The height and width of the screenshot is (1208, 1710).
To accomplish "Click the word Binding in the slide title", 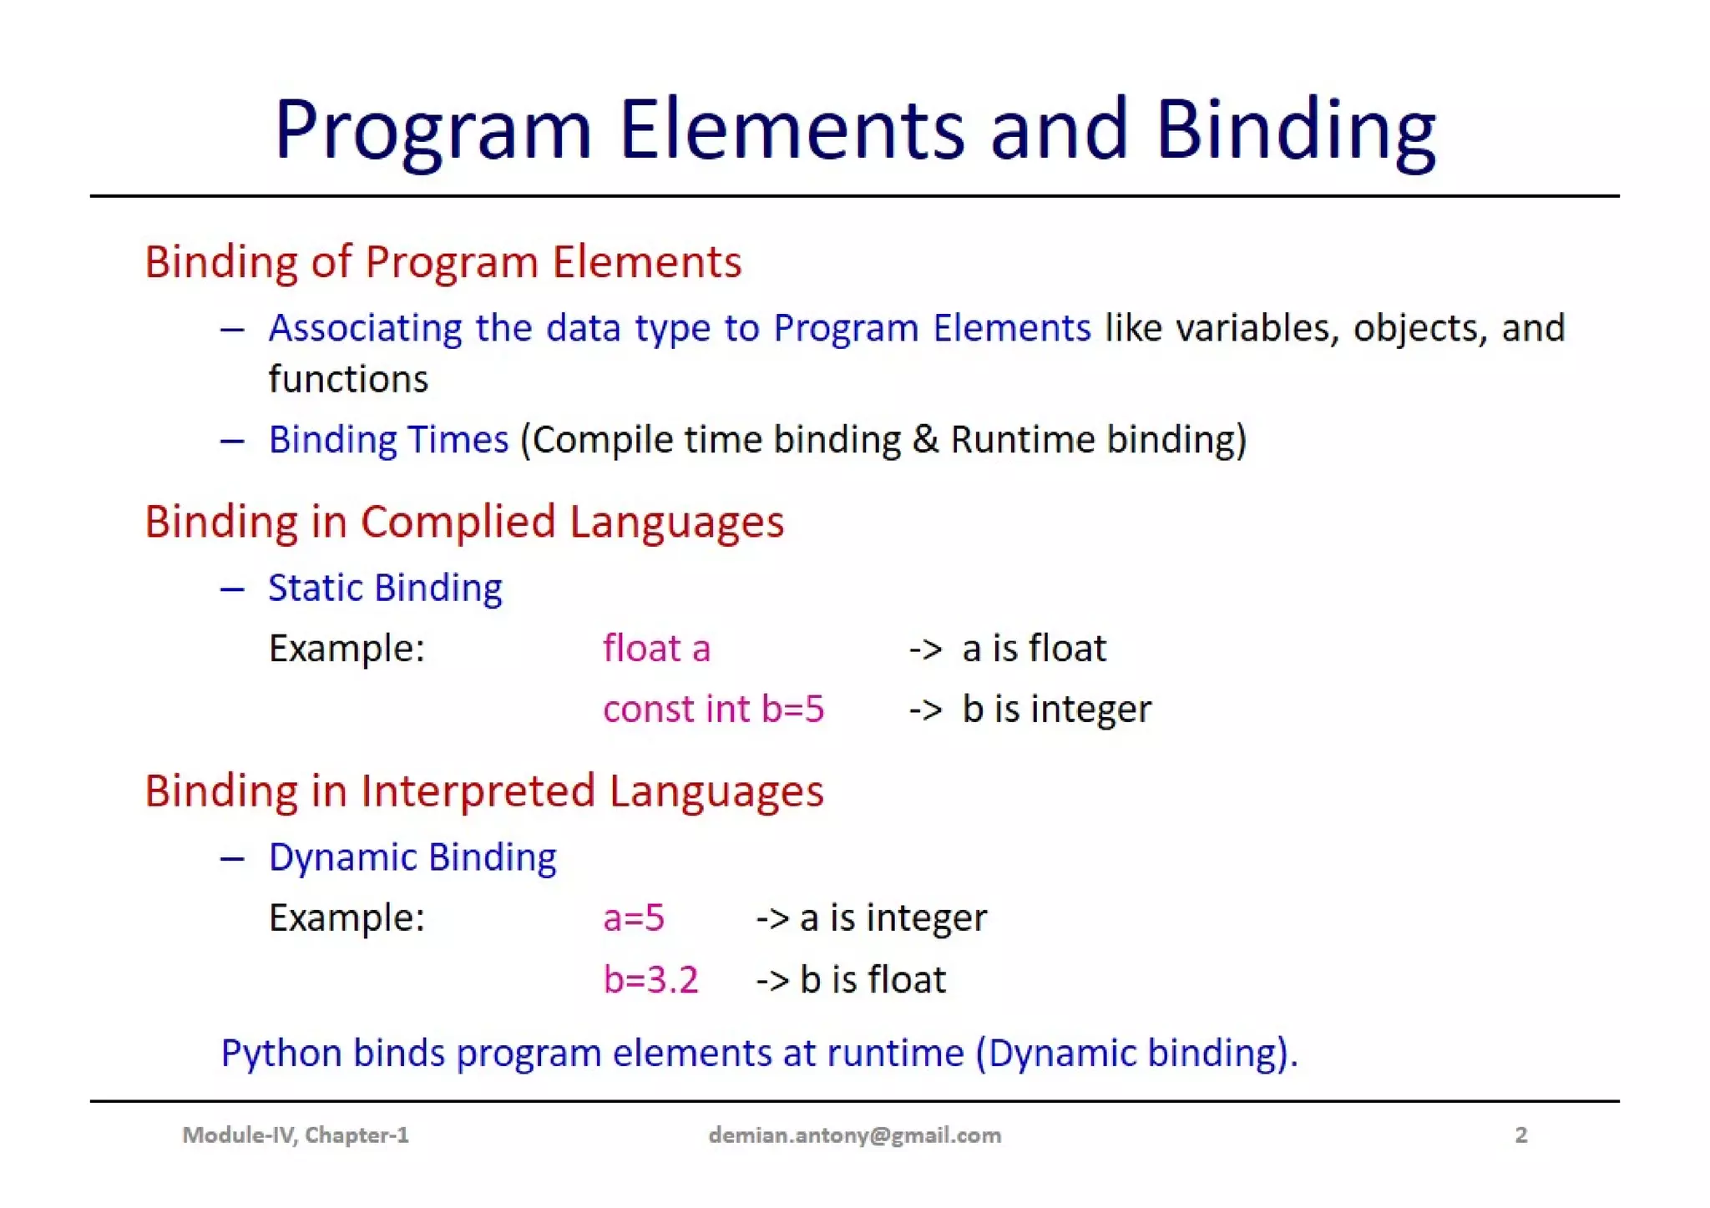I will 1295,131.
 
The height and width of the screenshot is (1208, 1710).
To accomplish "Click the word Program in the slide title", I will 433,131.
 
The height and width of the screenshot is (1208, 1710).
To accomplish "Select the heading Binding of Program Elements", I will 443,262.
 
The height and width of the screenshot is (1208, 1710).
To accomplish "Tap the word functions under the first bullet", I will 348,380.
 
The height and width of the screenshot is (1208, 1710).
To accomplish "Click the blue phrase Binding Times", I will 388,440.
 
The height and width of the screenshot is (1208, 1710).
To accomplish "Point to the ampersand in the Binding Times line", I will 925,440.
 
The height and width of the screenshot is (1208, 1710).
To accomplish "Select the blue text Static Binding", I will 385,589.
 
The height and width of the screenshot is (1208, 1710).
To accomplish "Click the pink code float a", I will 656,649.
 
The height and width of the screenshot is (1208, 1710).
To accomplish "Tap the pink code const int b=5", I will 713,710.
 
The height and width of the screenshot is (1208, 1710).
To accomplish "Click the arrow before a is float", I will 925,649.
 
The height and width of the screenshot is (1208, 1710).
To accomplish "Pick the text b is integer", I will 1056,710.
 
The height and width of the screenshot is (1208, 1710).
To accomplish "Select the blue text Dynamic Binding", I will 412,858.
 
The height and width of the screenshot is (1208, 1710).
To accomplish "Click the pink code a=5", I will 634,918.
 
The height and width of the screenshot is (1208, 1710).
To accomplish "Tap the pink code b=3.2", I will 650,980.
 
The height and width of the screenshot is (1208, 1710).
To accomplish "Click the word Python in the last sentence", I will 281,1054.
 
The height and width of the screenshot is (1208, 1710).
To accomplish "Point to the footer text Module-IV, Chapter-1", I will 296,1135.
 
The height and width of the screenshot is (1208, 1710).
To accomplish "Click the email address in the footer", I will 854,1135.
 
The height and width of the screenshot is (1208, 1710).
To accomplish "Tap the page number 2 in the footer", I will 1521,1135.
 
